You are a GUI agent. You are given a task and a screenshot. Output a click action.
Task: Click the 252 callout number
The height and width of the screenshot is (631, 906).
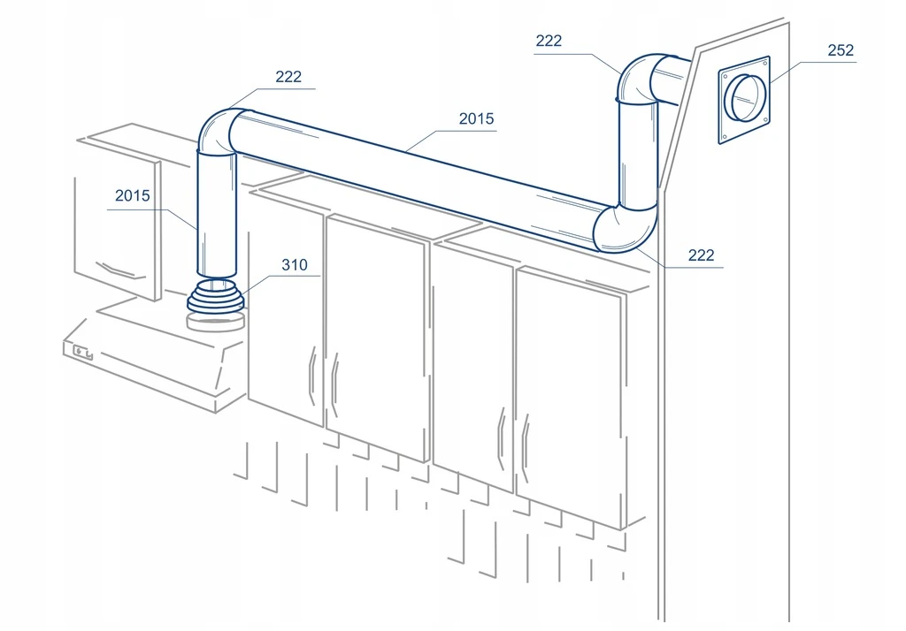pyautogui.click(x=841, y=50)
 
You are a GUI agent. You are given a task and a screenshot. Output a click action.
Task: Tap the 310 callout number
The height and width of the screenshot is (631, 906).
pyautogui.click(x=294, y=265)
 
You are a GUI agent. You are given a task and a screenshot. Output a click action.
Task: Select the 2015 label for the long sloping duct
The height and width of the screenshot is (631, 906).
pyautogui.click(x=477, y=119)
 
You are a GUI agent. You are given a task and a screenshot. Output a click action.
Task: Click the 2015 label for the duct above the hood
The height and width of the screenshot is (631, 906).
pyautogui.click(x=133, y=195)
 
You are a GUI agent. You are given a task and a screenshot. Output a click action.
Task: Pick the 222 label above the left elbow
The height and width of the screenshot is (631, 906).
pyautogui.click(x=288, y=77)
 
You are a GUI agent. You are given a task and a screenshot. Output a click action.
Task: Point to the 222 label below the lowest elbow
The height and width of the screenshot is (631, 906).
pyautogui.click(x=701, y=255)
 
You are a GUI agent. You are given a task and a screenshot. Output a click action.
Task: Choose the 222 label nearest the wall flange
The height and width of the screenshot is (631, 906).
pyautogui.click(x=549, y=41)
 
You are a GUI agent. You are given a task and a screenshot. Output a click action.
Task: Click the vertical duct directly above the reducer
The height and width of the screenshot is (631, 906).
pyautogui.click(x=217, y=212)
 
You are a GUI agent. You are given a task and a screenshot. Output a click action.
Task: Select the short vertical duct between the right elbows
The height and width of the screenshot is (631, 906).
pyautogui.click(x=638, y=154)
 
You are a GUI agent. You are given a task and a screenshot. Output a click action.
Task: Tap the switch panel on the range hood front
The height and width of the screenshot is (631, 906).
pyautogui.click(x=82, y=352)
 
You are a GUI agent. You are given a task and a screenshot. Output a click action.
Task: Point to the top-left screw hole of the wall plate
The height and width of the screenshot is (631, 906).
pyautogui.click(x=724, y=74)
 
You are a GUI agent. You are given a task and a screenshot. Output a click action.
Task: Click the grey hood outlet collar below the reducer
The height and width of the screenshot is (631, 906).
pyautogui.click(x=215, y=323)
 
